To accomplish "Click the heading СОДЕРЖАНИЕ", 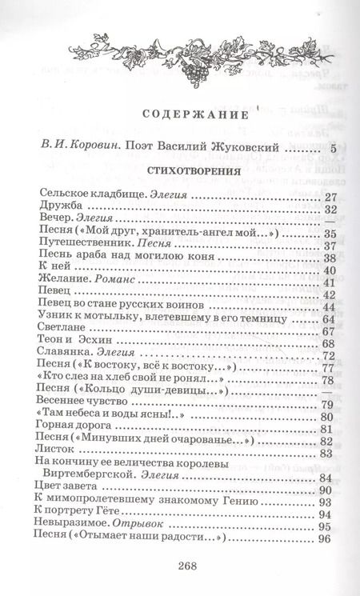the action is (180, 114).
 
